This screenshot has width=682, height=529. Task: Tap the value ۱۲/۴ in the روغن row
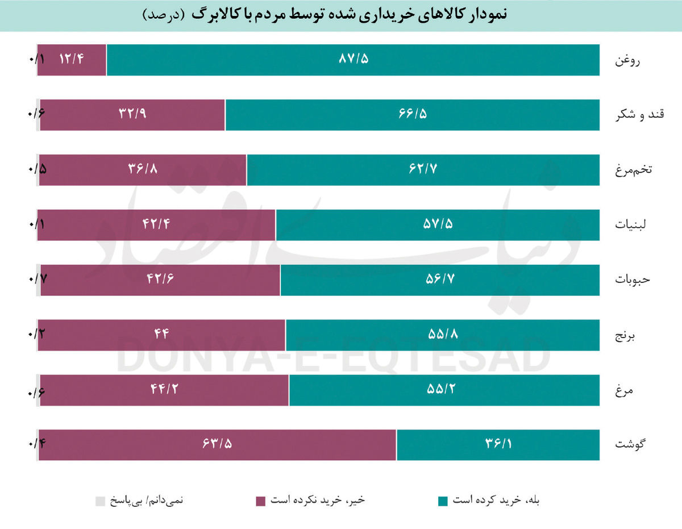[72, 59]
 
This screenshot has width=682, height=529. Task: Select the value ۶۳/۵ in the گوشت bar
[217, 444]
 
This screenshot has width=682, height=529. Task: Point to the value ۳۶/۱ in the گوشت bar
[498, 444]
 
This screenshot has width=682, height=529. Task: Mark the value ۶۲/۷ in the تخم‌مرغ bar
[423, 169]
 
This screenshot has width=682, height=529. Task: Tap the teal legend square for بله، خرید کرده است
[443, 501]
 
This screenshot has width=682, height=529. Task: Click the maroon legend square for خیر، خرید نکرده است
[261, 501]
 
